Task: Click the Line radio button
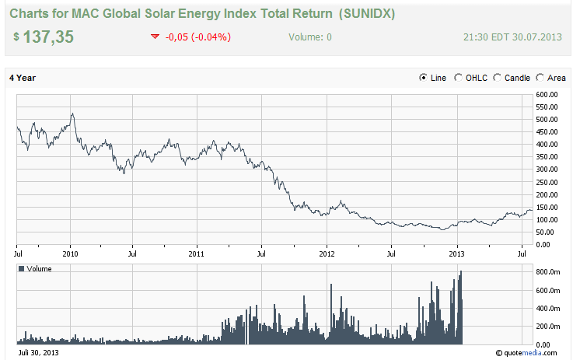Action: pyautogui.click(x=424, y=78)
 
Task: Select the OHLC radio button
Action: pyautogui.click(x=459, y=78)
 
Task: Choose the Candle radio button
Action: pyautogui.click(x=498, y=78)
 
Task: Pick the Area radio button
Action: pyautogui.click(x=541, y=78)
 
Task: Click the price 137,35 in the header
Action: pyautogui.click(x=48, y=37)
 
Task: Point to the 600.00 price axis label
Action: pyautogui.click(x=547, y=95)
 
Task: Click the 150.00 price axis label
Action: pyautogui.click(x=547, y=208)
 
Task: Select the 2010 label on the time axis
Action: pyautogui.click(x=71, y=253)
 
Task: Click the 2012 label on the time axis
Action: pyautogui.click(x=327, y=253)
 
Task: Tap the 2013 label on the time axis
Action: pyautogui.click(x=457, y=253)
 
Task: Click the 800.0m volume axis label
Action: pyautogui.click(x=547, y=272)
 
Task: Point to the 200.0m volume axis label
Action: pyautogui.click(x=547, y=327)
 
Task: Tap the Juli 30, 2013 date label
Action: pyautogui.click(x=33, y=352)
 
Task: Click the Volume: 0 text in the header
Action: pyautogui.click(x=309, y=37)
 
